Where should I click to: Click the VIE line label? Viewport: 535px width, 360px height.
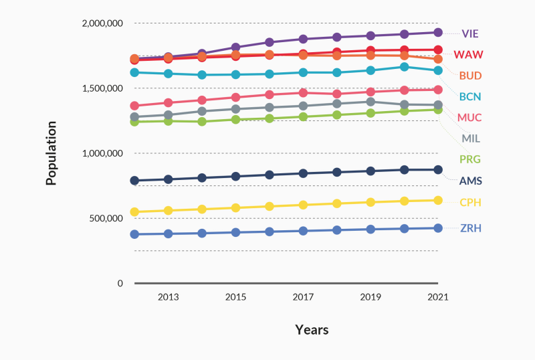pos(470,33)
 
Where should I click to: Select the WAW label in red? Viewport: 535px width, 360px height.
pos(469,54)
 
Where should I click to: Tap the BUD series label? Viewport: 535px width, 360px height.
pos(470,76)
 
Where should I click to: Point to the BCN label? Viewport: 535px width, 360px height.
pos(470,96)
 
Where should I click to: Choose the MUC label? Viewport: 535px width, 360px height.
pos(469,118)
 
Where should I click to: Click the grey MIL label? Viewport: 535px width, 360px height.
pos(471,139)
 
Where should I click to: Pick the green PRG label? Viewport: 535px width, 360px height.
pos(470,159)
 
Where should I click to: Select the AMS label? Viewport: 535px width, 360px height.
pos(470,181)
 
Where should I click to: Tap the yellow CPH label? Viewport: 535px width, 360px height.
pos(470,202)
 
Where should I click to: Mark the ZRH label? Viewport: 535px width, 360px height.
pos(470,228)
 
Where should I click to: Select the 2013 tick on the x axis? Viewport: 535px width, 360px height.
pos(168,296)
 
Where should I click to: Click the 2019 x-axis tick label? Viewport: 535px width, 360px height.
pos(370,296)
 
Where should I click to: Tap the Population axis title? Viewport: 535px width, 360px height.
pos(51,153)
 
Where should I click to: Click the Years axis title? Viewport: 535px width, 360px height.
pos(312,330)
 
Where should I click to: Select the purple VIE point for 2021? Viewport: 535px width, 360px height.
pos(438,32)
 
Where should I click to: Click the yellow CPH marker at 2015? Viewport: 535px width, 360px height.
pos(235,207)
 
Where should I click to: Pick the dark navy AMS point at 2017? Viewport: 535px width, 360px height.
pos(303,173)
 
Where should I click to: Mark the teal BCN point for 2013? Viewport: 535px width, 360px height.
pos(168,74)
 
